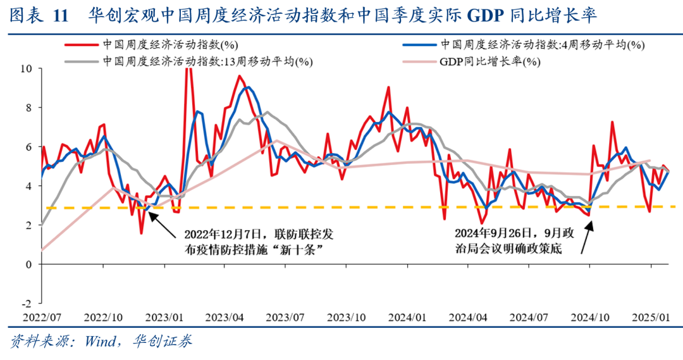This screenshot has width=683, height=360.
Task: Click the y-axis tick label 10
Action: [x=27, y=68]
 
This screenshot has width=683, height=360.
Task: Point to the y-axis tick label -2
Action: [x=27, y=304]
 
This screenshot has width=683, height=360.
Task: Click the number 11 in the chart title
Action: [x=60, y=15]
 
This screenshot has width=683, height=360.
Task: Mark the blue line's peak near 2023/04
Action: [x=247, y=87]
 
